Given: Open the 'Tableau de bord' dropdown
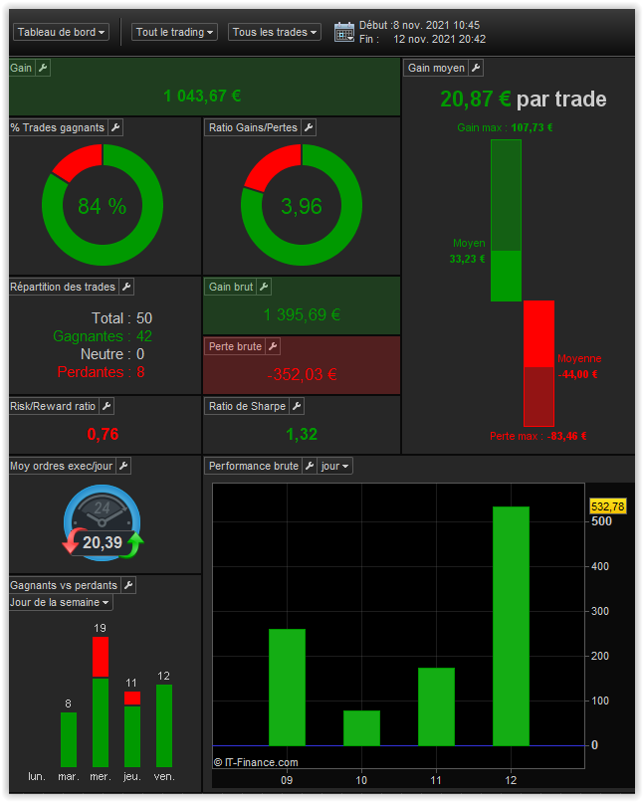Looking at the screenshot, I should click(x=61, y=32).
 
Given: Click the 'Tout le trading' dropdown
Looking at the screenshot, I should click(x=174, y=32).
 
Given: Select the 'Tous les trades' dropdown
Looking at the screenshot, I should click(x=274, y=32).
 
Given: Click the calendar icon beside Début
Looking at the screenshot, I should click(x=344, y=32).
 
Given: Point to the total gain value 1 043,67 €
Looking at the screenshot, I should click(x=202, y=97).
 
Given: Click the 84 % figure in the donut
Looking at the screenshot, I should click(x=103, y=207).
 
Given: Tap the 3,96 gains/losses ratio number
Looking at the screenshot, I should click(x=302, y=207).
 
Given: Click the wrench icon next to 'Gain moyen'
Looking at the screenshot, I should click(x=476, y=68).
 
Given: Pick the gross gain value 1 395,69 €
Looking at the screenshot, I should click(x=302, y=315).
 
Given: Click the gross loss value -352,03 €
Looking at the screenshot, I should click(x=302, y=375).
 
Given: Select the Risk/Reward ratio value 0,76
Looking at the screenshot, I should click(x=103, y=434).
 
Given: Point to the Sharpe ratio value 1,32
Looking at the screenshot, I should click(x=302, y=434).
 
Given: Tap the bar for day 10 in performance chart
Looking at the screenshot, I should click(x=361, y=727).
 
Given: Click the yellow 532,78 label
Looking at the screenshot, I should click(x=607, y=506).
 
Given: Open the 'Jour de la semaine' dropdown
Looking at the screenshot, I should click(x=61, y=602).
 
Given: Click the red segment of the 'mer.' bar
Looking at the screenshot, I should click(x=101, y=658).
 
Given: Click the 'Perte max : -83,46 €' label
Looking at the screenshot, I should click(x=537, y=436).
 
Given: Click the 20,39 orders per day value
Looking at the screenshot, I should click(x=102, y=542).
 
